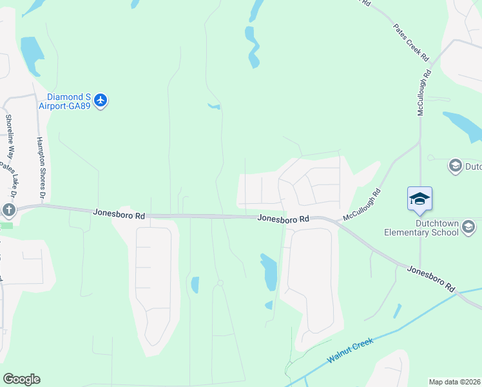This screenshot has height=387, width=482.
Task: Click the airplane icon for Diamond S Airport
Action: [100, 100]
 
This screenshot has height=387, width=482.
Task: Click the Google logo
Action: [21, 379]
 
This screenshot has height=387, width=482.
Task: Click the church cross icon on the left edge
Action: [8, 210]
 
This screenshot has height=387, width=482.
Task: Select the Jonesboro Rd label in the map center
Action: [284, 219]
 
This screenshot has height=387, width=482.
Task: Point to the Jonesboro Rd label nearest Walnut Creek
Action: [431, 279]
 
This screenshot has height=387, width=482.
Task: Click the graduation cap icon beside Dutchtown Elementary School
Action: [468, 227]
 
